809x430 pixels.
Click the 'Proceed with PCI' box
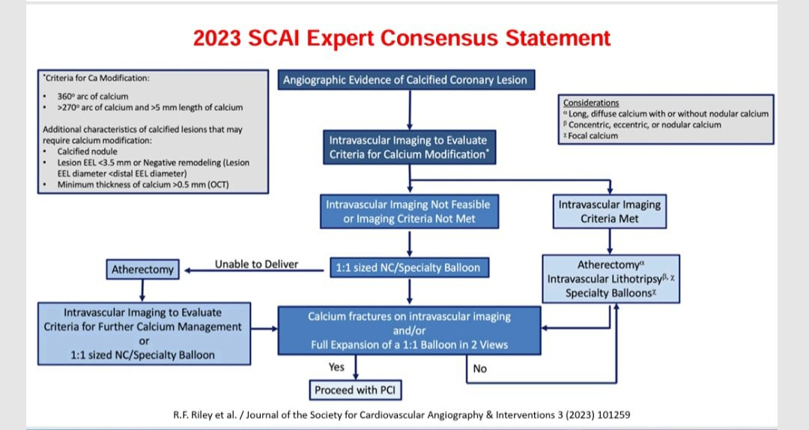click(x=355, y=390)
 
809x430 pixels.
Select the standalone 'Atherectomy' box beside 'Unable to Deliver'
click(x=142, y=270)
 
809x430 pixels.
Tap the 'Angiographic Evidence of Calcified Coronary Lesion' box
click(x=406, y=80)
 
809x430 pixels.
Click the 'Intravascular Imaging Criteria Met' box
click(x=609, y=211)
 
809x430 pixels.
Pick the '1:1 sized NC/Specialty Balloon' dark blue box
click(x=409, y=268)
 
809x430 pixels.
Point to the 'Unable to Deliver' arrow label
click(x=256, y=264)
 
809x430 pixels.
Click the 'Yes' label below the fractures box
click(x=336, y=367)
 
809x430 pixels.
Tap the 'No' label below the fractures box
click(x=479, y=369)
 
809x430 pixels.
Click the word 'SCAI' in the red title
click(x=273, y=38)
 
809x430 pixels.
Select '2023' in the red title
click(x=216, y=38)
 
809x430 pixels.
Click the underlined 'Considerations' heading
click(x=591, y=103)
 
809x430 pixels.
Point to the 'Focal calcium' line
click(x=591, y=136)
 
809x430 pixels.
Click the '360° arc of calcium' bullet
click(x=93, y=97)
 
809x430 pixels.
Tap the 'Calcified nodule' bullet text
click(x=87, y=151)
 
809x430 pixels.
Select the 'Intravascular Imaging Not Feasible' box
click(x=409, y=211)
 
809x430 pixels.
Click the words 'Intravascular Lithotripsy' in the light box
click(x=605, y=279)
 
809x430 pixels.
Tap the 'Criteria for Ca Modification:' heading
click(x=96, y=79)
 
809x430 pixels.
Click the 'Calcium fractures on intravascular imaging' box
click(x=409, y=331)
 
